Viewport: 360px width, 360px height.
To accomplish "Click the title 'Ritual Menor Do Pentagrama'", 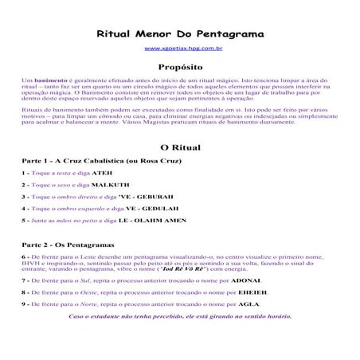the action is [179, 36].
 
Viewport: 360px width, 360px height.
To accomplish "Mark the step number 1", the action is [24, 173].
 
